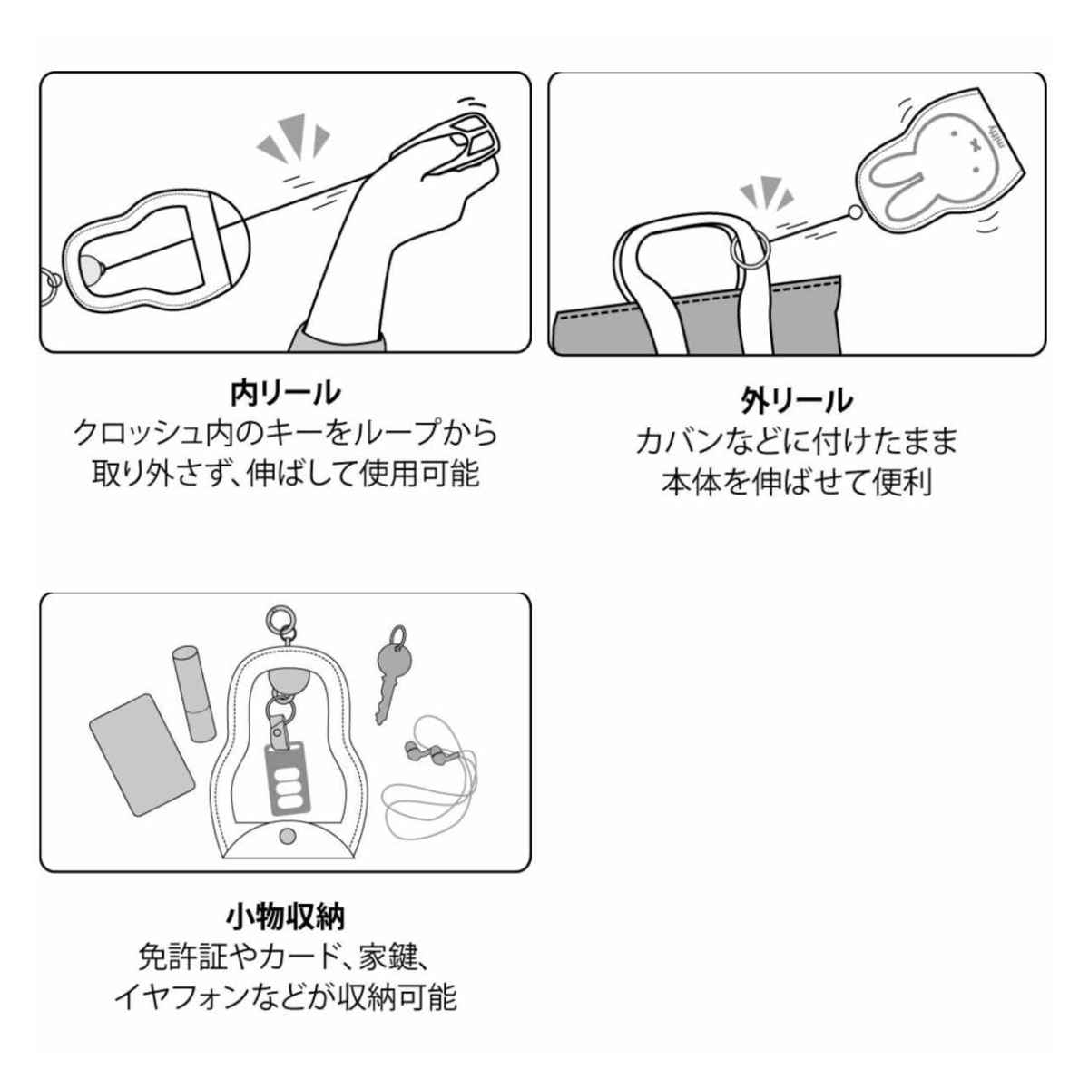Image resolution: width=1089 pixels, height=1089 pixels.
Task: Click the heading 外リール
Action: coord(798,399)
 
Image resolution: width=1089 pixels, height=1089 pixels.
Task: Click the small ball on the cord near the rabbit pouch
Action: coord(853,212)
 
